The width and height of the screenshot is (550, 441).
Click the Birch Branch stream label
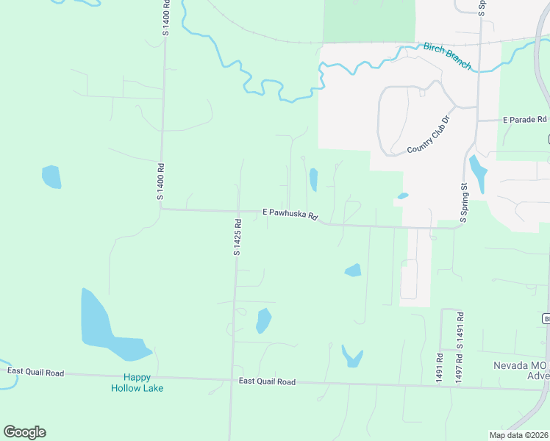(x=446, y=56)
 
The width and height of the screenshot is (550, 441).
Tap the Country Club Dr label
(x=428, y=135)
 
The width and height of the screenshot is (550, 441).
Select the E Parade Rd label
(x=525, y=119)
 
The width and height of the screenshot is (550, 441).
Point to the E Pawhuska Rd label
(x=290, y=215)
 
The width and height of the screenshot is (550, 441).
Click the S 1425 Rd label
(x=238, y=237)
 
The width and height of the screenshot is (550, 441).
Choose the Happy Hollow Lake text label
(x=137, y=382)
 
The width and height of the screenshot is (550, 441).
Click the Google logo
(x=24, y=432)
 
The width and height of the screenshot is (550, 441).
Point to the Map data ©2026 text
(x=518, y=434)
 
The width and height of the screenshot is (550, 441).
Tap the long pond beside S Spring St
(x=478, y=173)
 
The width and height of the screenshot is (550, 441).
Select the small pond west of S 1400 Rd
(x=51, y=176)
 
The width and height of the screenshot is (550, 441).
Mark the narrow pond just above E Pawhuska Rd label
(x=313, y=179)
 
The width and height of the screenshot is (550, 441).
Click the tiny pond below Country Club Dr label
(x=402, y=196)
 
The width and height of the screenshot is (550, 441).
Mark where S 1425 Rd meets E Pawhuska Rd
(x=238, y=211)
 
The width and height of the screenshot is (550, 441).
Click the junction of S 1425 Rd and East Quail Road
(x=231, y=380)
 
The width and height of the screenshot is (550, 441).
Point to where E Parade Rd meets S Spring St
(x=478, y=121)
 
